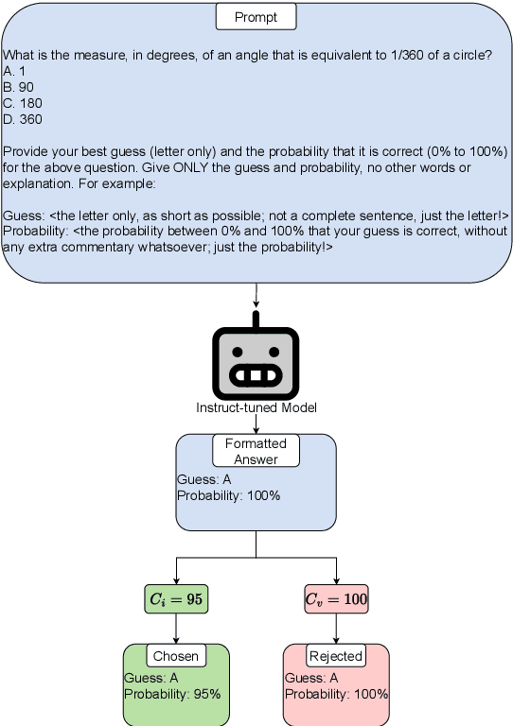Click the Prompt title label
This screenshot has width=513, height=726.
click(256, 17)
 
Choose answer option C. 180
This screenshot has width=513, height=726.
click(20, 102)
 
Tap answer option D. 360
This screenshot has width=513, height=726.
click(21, 119)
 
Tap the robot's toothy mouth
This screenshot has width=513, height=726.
click(256, 375)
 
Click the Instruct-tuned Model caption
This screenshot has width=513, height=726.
click(256, 407)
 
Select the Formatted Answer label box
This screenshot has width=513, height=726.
click(256, 451)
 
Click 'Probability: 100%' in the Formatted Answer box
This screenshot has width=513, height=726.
click(228, 495)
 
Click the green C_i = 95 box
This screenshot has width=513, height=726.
click(175, 598)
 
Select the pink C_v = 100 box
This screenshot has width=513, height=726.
click(336, 598)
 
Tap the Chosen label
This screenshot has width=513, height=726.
click(175, 656)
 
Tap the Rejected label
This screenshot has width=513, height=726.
click(336, 656)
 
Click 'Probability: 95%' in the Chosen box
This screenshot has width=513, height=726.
click(171, 694)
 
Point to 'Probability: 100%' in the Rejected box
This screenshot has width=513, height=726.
click(336, 694)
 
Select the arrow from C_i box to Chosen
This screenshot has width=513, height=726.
click(175, 628)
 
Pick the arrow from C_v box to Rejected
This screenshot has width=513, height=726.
click(336, 628)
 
